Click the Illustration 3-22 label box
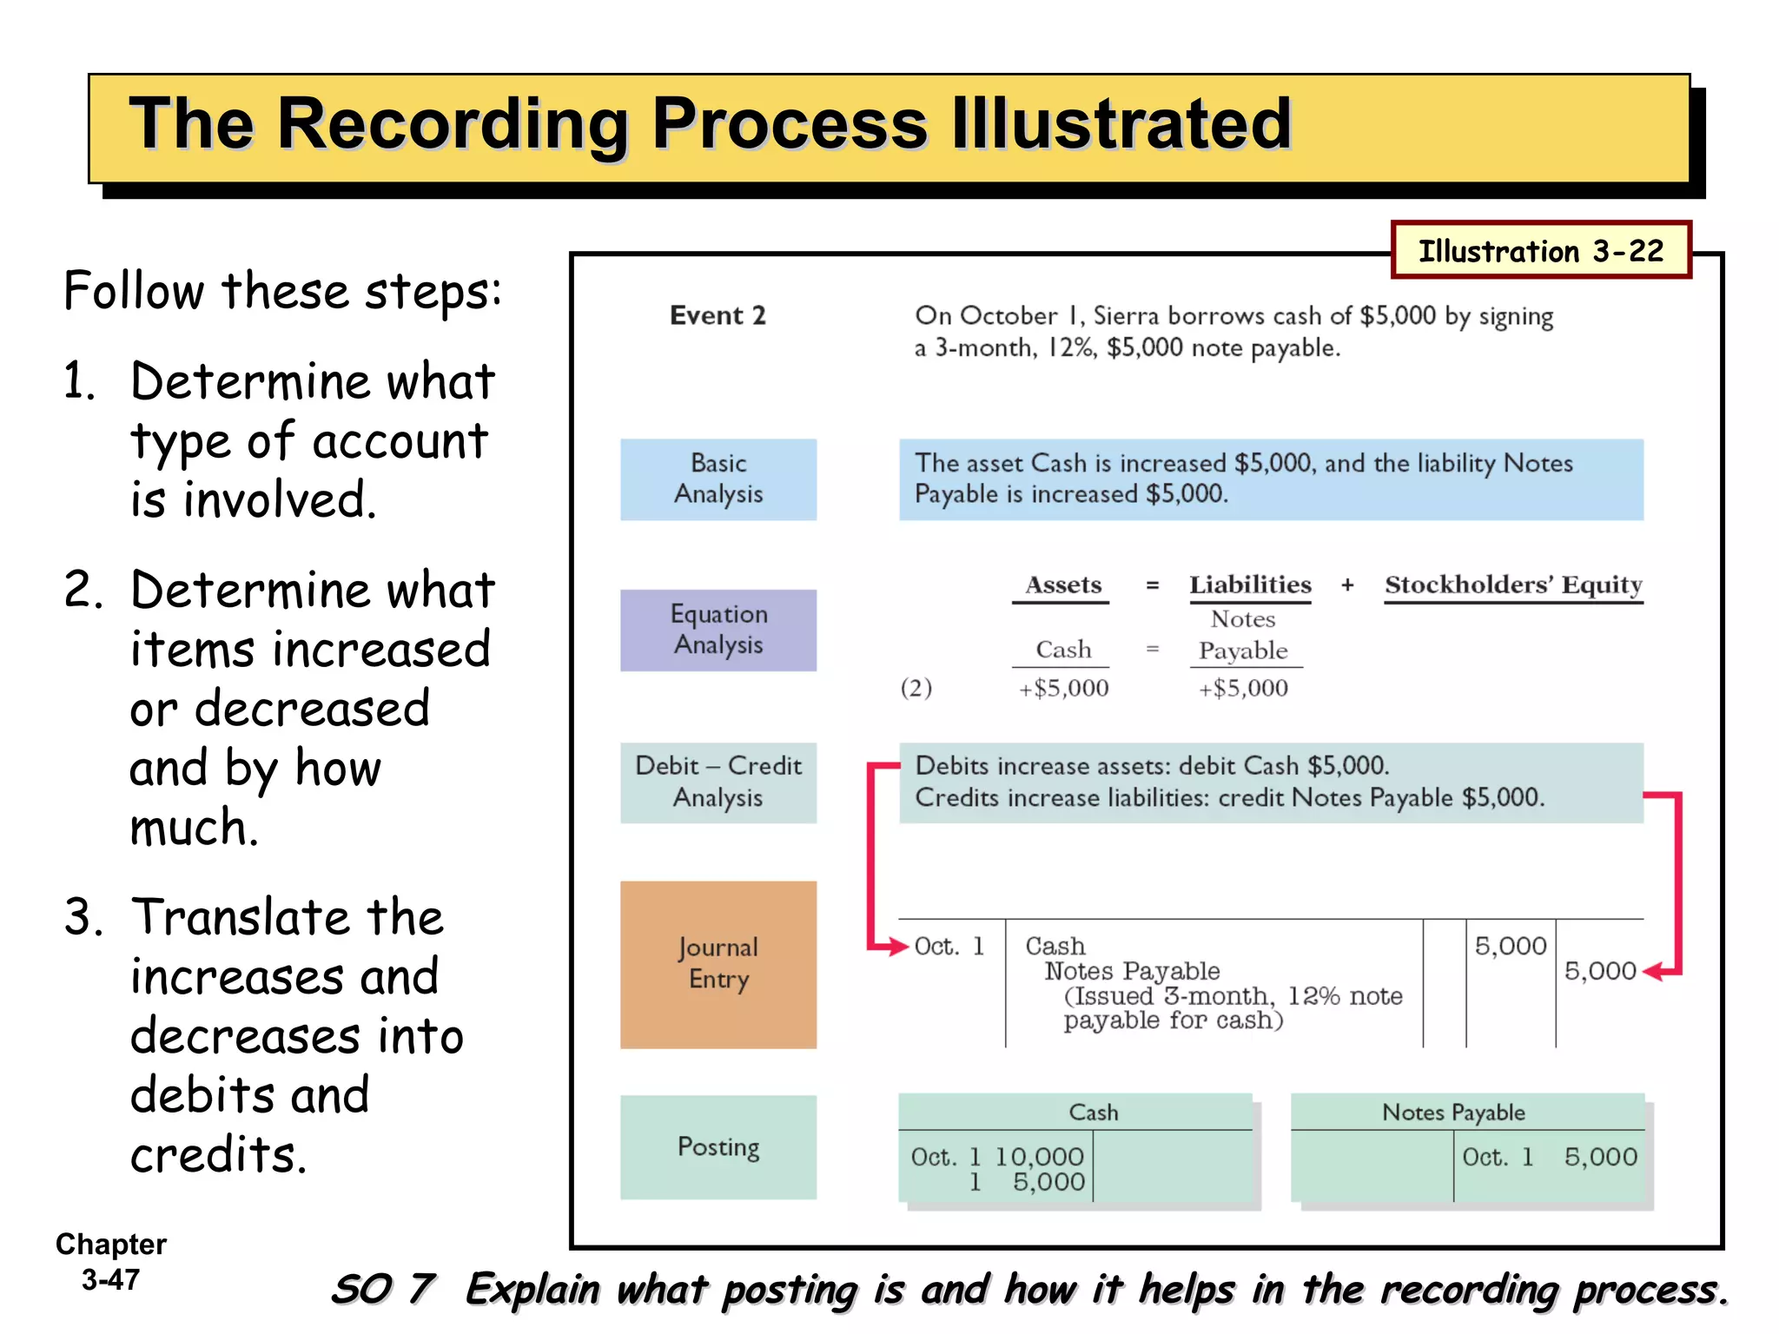pos(1540,250)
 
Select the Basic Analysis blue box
pos(718,479)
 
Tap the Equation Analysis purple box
pos(718,630)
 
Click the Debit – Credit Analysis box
pos(718,782)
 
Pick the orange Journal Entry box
pos(718,964)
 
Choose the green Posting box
pos(718,1146)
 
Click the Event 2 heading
pos(718,315)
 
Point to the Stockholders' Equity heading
pos(1512,584)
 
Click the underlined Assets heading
pos(1062,584)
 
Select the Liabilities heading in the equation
pos(1249,584)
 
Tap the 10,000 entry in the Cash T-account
pos(1039,1157)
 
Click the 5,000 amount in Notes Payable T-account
pos(1600,1157)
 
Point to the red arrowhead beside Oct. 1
pos(898,946)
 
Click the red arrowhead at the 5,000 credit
pos(1652,972)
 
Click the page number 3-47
pos(110,1279)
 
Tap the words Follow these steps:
pos(282,291)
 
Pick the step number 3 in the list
pos(83,917)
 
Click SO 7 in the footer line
pos(382,1289)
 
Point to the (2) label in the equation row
pos(916,688)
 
